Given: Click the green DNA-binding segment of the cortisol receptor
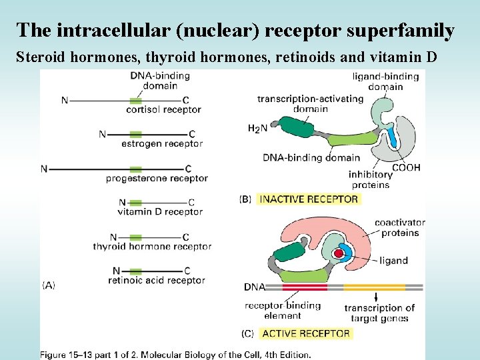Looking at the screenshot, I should (135, 101).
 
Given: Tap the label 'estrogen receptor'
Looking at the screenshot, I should (162, 143).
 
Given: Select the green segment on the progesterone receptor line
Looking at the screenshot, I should (135, 169).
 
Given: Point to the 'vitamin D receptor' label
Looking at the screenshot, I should (159, 212).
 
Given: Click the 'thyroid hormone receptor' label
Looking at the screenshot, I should (152, 247).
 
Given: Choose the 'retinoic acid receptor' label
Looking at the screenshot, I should (156, 281).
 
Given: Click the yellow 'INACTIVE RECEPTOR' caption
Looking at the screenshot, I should (309, 199).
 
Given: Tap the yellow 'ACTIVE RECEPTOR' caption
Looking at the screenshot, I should (306, 333).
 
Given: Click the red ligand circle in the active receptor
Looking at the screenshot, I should (340, 254).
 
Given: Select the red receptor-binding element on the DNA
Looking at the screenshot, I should (305, 287).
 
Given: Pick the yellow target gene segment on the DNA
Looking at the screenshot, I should (375, 287).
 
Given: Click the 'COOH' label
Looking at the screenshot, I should (406, 167).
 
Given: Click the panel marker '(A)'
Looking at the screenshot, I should (49, 285).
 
